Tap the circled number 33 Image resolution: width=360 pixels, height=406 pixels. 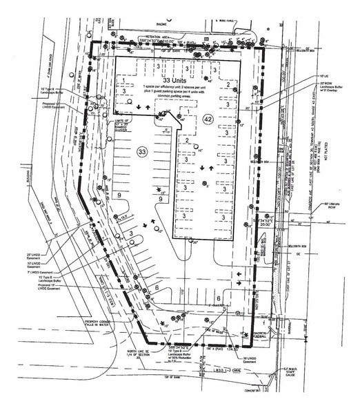tap(142, 151)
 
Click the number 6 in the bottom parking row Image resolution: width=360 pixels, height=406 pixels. tap(158, 289)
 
